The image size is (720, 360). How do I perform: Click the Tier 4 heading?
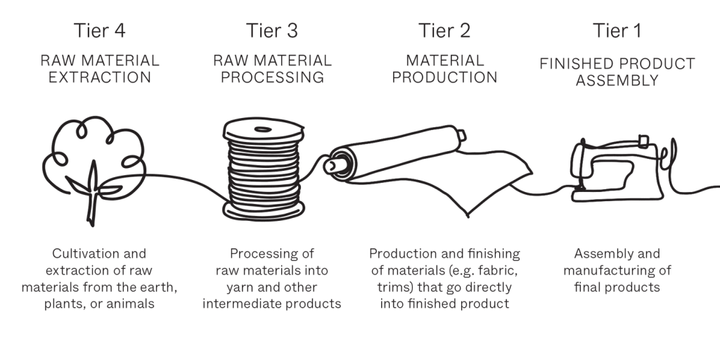click(99, 31)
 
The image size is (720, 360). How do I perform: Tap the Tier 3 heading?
click(272, 31)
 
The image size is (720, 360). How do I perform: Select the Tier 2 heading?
click(444, 31)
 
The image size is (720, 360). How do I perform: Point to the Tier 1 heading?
click(617, 31)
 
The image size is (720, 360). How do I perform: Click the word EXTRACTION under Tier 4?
click(100, 77)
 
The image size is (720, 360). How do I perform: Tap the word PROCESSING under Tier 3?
click(272, 77)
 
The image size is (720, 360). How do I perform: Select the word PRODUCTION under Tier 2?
click(444, 77)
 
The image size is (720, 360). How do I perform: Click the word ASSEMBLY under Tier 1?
click(617, 80)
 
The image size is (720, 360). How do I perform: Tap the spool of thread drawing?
click(264, 169)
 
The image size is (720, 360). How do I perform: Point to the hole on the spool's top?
click(263, 129)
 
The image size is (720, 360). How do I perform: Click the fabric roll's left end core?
click(334, 165)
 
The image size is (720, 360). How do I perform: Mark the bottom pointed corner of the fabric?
click(468, 216)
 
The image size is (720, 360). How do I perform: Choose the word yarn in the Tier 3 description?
click(239, 288)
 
